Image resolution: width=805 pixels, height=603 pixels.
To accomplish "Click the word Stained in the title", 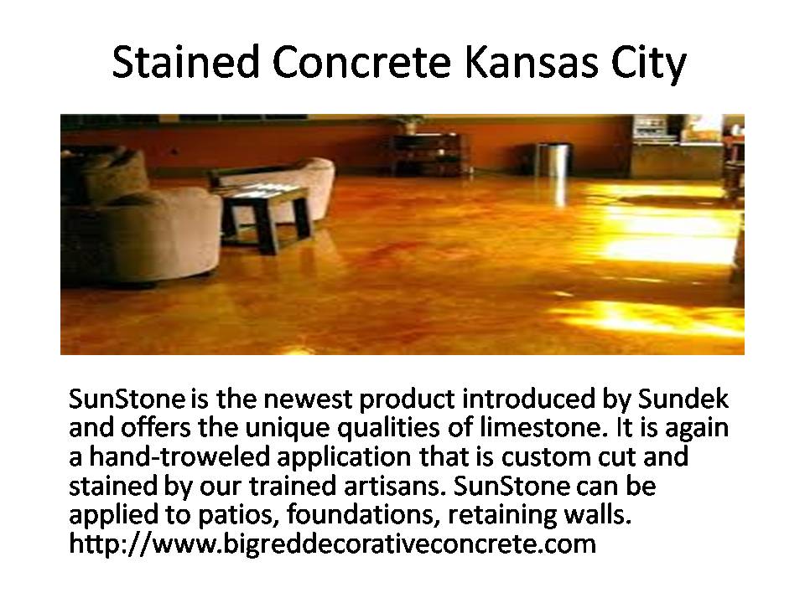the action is coord(186,62).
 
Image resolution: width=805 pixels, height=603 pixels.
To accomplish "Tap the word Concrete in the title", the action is coord(362,62).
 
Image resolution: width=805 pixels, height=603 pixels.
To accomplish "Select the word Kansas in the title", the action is coord(532,62).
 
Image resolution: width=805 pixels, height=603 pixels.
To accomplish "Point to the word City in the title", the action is coord(648,64).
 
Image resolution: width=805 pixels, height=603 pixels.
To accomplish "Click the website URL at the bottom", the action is coord(332,544).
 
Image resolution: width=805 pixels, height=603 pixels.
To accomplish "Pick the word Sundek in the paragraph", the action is coord(683,399).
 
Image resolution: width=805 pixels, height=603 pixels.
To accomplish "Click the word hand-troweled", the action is coord(179,456).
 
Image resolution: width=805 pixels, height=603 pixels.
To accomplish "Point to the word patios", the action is coord(239,515).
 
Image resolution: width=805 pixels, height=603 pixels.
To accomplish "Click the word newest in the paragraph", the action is coord(308,399).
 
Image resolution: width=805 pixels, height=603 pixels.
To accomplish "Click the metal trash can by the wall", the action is coord(553,160).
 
